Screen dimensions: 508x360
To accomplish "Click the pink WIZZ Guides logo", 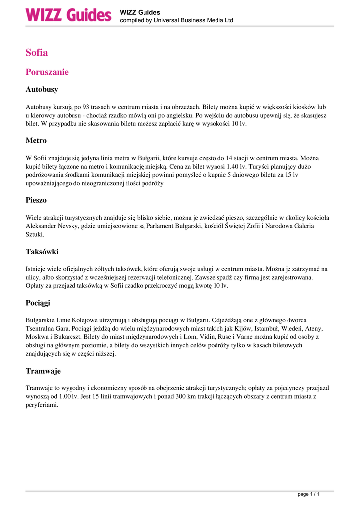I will point(69,15).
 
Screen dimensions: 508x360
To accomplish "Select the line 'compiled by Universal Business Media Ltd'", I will point(176,21).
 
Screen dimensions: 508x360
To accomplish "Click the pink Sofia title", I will point(37,52).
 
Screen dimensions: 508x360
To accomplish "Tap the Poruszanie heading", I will point(47,72).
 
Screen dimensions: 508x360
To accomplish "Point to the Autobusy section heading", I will point(42,90).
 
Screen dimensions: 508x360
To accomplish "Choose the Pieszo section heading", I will point(36,200).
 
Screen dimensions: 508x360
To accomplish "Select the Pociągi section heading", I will point(38,303).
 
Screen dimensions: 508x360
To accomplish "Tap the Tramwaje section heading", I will point(43,371).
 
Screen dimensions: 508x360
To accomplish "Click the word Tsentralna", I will point(42,328).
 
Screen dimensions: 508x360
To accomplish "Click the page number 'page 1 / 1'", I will point(308,495).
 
